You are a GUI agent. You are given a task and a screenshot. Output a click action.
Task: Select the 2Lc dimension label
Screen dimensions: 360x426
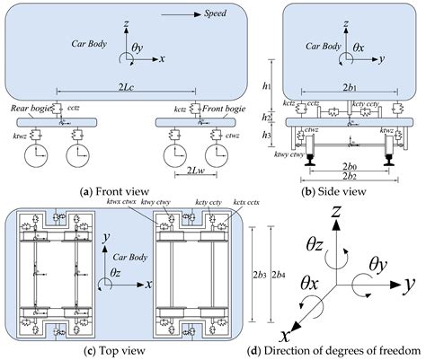pos(125,86)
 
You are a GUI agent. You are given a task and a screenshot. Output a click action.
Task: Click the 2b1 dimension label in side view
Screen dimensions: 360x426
pos(347,85)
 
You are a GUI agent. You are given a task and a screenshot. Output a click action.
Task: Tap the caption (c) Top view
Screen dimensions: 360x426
pos(121,348)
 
